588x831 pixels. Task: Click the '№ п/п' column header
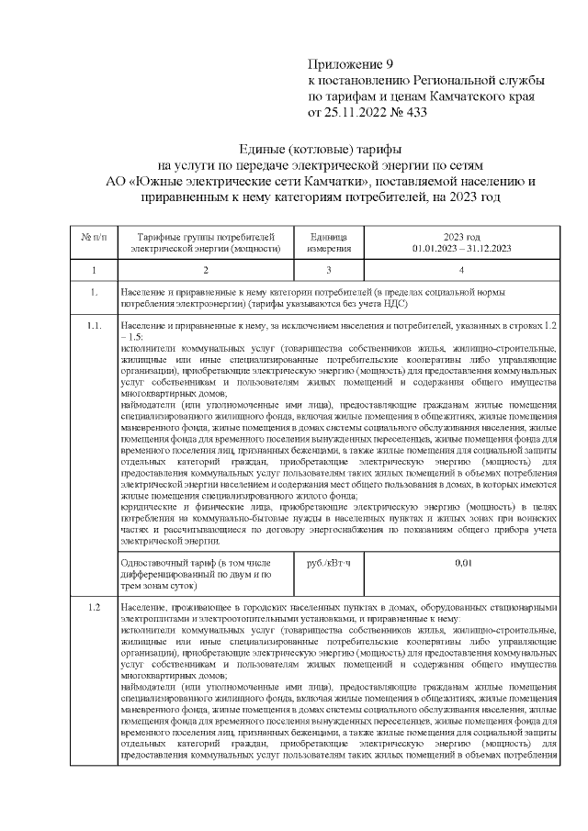click(95, 236)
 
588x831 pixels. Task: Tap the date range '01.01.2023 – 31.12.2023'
click(461, 248)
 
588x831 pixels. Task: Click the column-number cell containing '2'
click(205, 271)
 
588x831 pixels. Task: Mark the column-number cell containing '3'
click(328, 271)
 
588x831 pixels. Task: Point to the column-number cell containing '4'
click(461, 271)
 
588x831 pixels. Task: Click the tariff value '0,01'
click(461, 563)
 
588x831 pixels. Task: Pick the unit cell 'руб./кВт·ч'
click(328, 563)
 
